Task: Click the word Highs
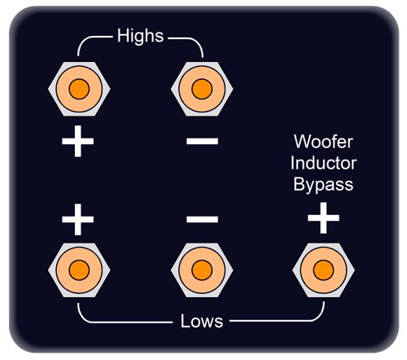coord(140,36)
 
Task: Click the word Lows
coord(202,321)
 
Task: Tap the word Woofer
coord(323,142)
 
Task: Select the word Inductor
coord(323,163)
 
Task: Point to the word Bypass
coord(323,184)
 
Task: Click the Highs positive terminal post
coord(79,89)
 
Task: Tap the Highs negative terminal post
coord(202,89)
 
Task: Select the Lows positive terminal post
coord(79,270)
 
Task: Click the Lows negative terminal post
coord(202,270)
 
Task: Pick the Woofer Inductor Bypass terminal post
coord(323,270)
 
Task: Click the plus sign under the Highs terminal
coord(78,141)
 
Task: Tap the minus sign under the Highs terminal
coord(202,141)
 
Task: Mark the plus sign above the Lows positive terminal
coord(78,219)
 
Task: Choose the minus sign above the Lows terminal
coord(202,219)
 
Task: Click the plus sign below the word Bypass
coord(323,217)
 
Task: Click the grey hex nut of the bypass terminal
coord(297,270)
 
